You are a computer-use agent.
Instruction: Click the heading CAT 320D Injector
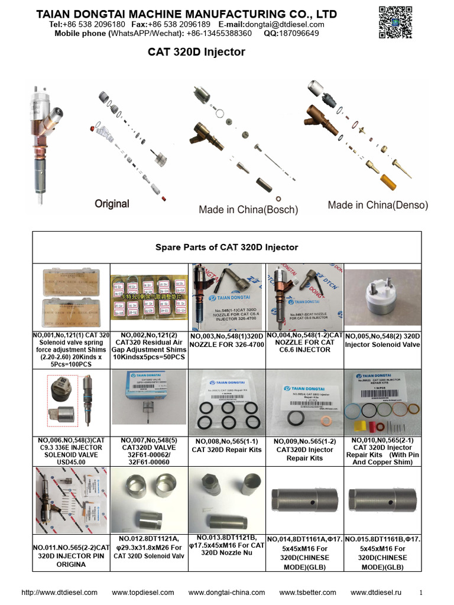(x=196, y=53)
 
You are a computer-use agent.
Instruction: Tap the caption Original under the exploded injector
(x=112, y=204)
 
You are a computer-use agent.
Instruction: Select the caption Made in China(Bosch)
(x=248, y=210)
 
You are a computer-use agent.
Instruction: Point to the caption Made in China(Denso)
(x=378, y=206)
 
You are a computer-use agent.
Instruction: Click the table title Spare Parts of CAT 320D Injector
(x=226, y=247)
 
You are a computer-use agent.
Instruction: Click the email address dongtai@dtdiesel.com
(x=287, y=24)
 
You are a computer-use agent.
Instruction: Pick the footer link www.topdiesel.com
(x=142, y=593)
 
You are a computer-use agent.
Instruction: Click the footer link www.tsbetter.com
(x=307, y=593)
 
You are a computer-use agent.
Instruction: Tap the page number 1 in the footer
(x=421, y=593)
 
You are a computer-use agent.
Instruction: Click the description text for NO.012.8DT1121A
(x=150, y=547)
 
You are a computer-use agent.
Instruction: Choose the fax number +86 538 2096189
(x=179, y=24)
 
